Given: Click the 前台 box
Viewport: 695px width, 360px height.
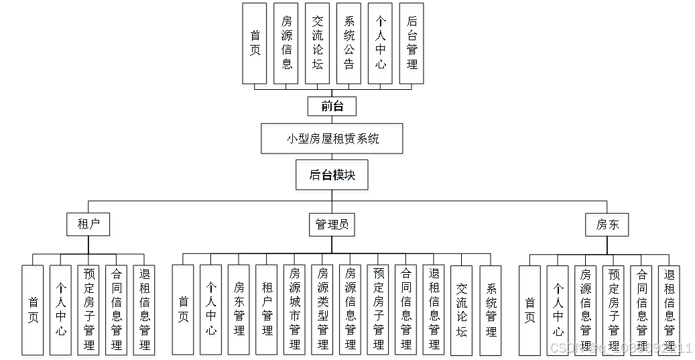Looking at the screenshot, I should pos(332,106).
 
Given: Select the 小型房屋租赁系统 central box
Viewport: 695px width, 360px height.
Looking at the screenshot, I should pos(332,139).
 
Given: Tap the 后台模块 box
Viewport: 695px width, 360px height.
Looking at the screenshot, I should pos(332,176).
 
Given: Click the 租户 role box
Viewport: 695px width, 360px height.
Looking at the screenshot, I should pos(88,224).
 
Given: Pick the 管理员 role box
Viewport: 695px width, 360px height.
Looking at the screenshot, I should pos(332,225).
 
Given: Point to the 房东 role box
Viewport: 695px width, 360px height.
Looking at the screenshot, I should pos(607,225).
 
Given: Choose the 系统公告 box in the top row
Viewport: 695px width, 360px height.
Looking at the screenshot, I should pos(349,43).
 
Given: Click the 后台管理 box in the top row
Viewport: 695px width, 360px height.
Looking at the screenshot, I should pos(412,43).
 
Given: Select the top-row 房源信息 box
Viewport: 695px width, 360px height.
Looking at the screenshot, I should pos(286,43).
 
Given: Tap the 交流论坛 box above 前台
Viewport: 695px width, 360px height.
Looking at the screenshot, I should pos(318,43).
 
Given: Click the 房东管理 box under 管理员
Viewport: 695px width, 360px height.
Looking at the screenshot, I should pos(239,310).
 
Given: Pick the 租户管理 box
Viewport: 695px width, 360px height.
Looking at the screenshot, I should pos(267,310).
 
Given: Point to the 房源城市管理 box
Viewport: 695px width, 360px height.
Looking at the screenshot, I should pos(295,310).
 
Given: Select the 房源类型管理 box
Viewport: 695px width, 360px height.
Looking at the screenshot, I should pos(322,310).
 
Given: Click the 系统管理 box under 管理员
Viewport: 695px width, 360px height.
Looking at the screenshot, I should pos(491,310).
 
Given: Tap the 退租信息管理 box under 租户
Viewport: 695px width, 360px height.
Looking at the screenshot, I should pos(144,310).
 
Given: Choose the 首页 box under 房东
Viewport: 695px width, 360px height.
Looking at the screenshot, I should pos(529,310).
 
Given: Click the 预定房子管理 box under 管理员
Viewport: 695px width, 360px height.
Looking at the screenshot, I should pos(379,310).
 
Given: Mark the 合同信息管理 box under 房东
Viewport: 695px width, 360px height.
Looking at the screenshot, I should pos(641,310).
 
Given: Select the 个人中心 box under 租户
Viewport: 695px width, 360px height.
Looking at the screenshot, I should pos(60,310).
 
